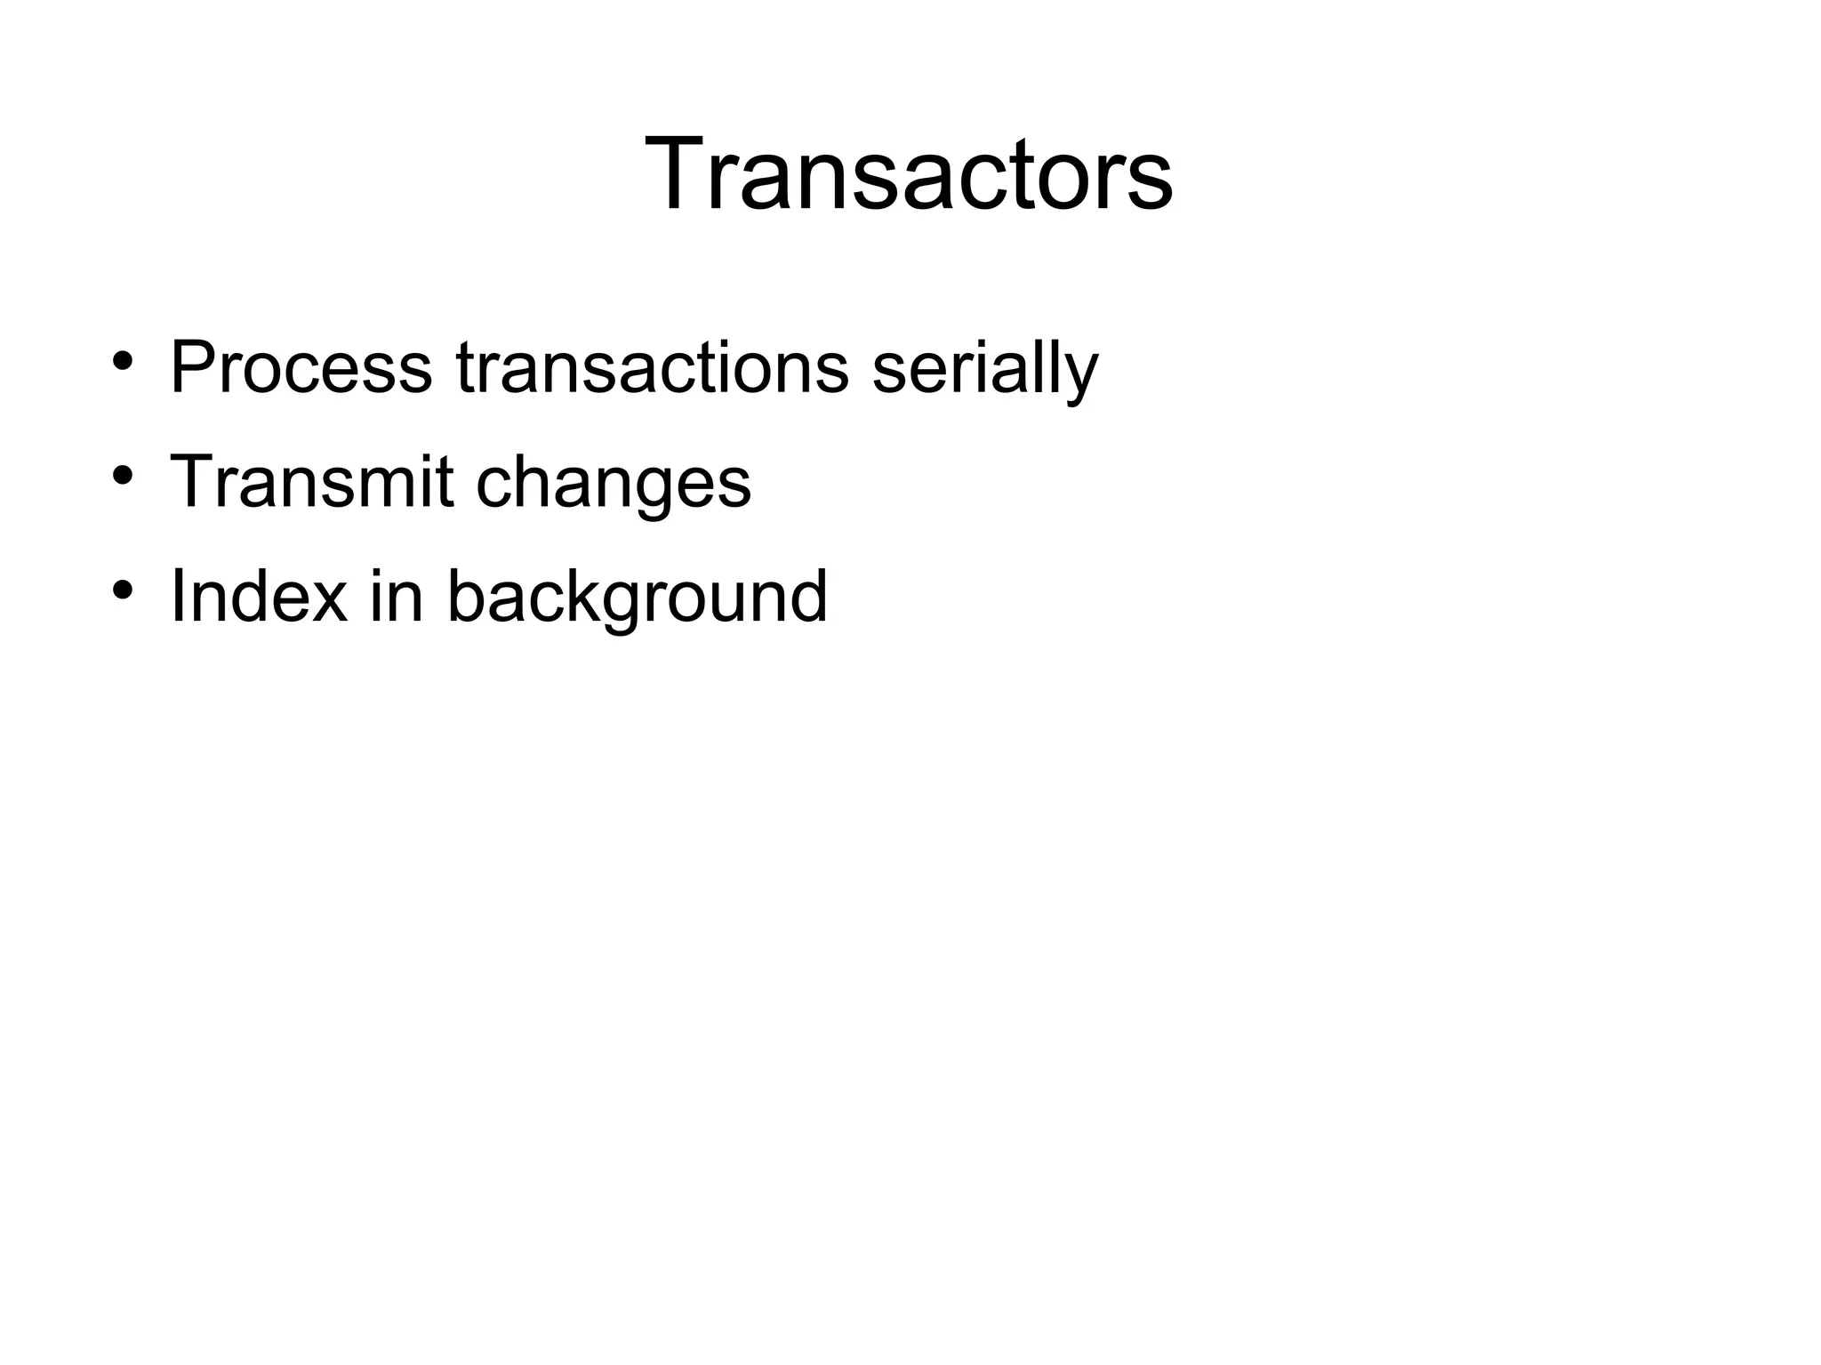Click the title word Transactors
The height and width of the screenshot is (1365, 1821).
[x=909, y=174]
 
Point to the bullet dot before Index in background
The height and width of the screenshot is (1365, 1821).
[x=123, y=589]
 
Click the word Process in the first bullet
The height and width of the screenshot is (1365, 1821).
[x=301, y=367]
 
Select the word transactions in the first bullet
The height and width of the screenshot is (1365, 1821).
[x=653, y=367]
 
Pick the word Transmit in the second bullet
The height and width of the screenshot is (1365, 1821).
[x=311, y=482]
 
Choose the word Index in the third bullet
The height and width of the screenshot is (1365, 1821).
[x=258, y=596]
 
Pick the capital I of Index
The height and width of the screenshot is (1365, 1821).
[x=176, y=596]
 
